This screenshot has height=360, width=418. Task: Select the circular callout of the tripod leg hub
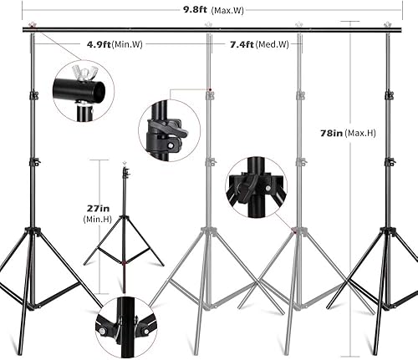pos(255,187)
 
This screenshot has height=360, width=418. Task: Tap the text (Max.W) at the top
pos(227,12)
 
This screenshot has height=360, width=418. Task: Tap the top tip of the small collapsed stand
pos(125,167)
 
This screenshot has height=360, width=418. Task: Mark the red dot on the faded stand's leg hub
pos(293,229)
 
